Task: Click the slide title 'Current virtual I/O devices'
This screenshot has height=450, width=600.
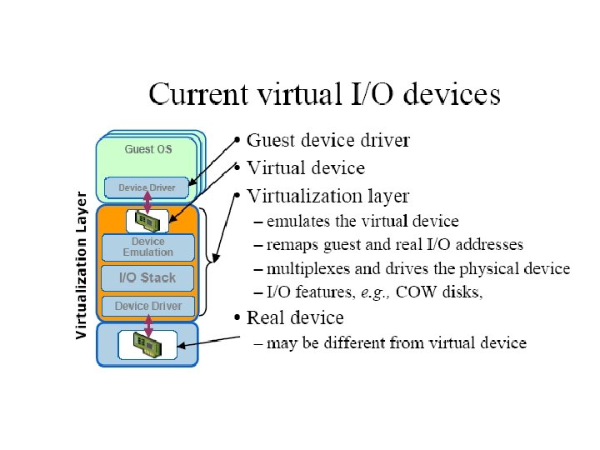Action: pos(324,93)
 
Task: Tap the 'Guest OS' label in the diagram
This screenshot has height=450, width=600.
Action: pos(148,149)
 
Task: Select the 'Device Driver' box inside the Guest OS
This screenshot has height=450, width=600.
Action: pos(147,188)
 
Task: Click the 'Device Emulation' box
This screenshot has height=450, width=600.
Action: pos(147,247)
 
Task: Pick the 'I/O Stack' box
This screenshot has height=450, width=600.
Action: pos(147,277)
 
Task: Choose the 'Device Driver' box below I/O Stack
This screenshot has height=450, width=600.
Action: pos(147,307)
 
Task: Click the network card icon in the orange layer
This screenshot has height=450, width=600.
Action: pos(147,221)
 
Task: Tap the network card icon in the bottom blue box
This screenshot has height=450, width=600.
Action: pos(147,343)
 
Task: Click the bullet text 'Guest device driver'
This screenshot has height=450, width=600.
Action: pos(328,141)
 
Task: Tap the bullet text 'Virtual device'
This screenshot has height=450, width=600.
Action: pos(306,168)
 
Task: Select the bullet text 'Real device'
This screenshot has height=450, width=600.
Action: pos(295,317)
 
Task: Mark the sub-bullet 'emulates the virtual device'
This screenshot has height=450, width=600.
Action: pos(362,222)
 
